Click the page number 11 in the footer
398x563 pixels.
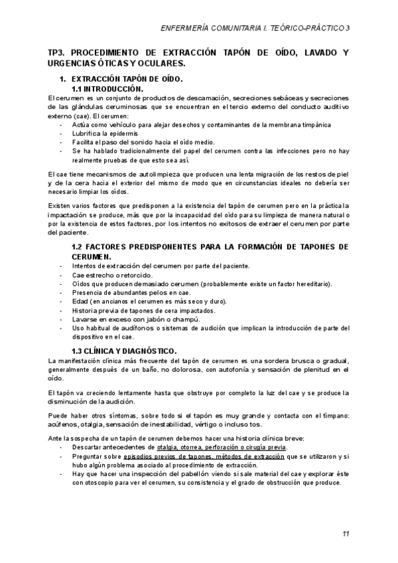coord(346,534)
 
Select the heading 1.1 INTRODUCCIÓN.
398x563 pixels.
coord(107,88)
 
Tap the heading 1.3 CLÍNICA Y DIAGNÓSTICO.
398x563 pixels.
coord(124,351)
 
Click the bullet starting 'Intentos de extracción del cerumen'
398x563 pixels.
coord(151,266)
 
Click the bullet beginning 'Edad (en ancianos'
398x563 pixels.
coord(139,301)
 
